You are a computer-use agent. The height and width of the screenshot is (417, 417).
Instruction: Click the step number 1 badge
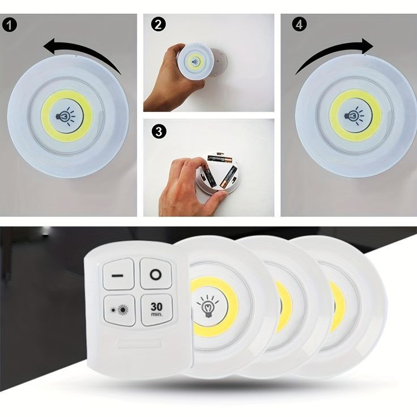pos(10,25)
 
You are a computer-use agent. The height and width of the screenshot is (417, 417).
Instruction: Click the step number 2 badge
pos(158,25)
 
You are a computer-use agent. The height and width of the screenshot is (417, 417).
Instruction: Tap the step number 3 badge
pos(159,131)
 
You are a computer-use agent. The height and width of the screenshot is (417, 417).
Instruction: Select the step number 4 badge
pos(299,24)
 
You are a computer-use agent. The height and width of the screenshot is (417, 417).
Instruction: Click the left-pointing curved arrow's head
pos(51,46)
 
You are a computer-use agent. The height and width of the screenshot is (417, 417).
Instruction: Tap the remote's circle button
pos(156,274)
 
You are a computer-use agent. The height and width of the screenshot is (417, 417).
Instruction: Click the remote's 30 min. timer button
pos(156,309)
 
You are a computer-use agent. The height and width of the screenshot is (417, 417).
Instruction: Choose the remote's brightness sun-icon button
pos(120,310)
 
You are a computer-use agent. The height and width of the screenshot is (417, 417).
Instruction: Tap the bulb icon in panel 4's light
pos(354,116)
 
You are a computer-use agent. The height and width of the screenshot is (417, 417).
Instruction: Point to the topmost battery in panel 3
pos(220,159)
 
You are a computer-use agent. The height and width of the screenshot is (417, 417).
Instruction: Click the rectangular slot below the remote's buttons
pos(139,343)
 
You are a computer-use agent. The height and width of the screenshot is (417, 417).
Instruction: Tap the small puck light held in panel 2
pos(195,62)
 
